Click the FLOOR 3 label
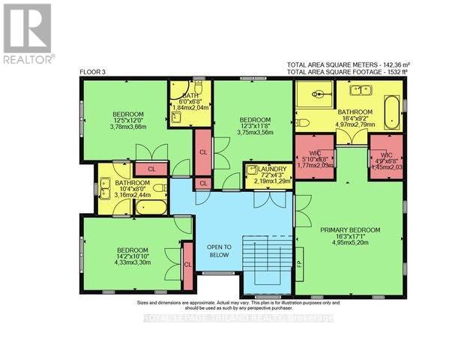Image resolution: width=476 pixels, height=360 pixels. [x=93, y=72]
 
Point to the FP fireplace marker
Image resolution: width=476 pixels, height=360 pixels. [x=299, y=263]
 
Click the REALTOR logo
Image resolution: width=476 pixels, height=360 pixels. [x=28, y=34]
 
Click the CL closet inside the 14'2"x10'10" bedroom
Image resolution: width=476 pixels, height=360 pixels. [x=188, y=265]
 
